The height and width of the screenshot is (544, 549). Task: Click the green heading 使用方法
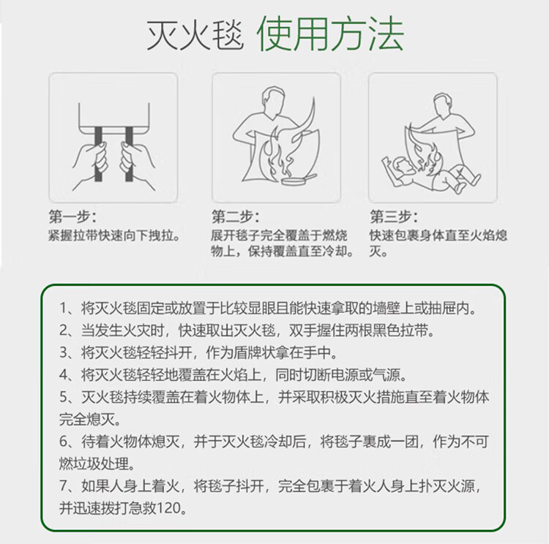331,34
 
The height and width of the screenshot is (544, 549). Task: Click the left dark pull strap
98,154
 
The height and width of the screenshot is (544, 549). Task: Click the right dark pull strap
129,154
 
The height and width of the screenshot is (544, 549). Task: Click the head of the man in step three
443,105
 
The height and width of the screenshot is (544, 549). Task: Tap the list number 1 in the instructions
64,309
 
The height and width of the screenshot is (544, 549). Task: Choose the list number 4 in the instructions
64,374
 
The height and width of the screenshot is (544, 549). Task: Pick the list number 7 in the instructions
64,486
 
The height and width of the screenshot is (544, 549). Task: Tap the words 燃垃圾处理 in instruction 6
94,464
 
